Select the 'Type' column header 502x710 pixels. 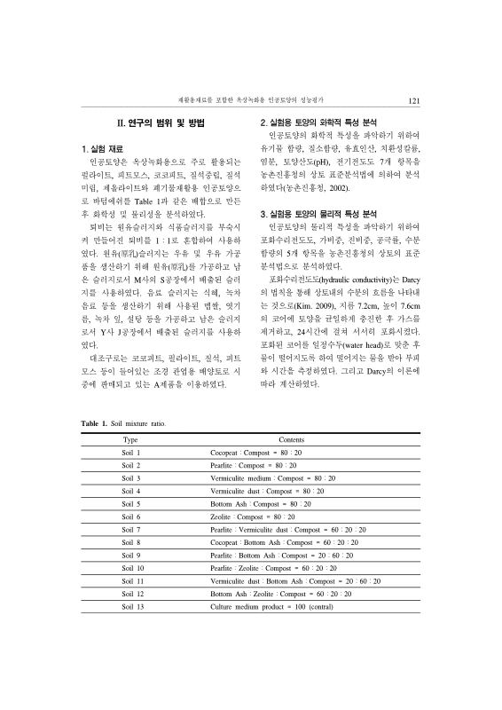[130, 440]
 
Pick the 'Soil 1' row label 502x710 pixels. [131, 453]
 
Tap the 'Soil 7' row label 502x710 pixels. [131, 529]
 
